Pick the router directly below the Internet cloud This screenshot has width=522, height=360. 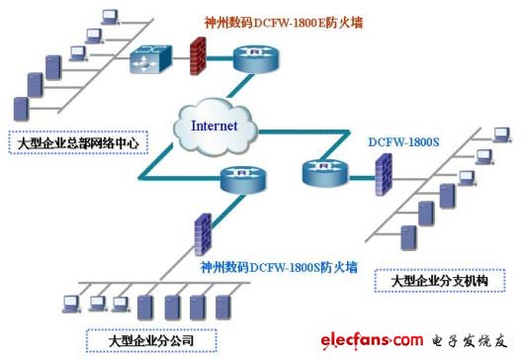244,180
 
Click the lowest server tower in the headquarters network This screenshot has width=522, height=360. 19,106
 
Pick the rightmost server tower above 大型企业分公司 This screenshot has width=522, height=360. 226,303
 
